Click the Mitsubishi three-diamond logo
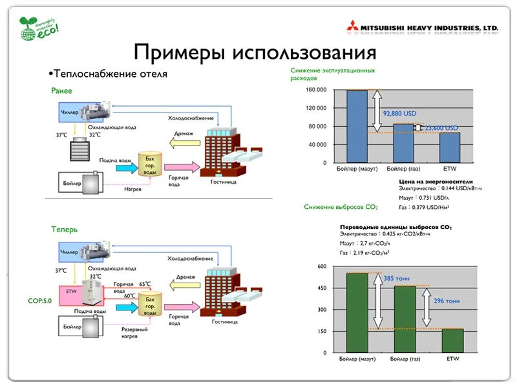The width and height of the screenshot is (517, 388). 353,28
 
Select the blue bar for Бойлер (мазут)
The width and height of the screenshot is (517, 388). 356,126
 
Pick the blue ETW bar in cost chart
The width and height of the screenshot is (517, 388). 450,147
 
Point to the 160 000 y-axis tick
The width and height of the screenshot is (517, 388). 316,90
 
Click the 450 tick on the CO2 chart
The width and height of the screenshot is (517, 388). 321,288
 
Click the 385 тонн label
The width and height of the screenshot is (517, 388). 396,279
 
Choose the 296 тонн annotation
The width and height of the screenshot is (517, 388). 447,301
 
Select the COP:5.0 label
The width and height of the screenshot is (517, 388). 40,301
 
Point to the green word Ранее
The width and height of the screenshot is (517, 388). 62,91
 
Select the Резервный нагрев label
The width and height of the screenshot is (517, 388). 134,333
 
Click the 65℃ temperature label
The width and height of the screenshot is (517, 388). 144,284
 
